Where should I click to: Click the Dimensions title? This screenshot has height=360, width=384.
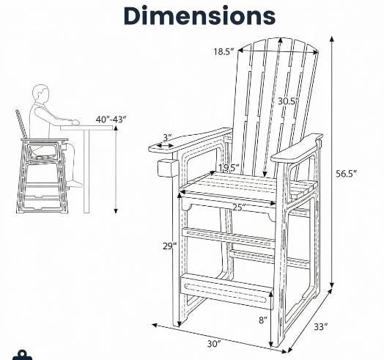click(199, 15)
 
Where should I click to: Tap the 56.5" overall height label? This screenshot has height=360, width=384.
click(346, 174)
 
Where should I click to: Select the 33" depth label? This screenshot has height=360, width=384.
click(321, 327)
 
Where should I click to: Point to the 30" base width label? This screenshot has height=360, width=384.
click(214, 344)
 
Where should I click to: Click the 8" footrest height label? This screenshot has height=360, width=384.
click(263, 320)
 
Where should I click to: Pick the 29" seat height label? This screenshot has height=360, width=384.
click(169, 246)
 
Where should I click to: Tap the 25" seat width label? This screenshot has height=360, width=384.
click(239, 207)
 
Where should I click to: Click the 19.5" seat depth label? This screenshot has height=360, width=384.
click(229, 168)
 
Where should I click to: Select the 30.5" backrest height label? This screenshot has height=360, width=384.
click(288, 101)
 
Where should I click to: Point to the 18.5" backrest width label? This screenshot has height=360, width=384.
click(224, 52)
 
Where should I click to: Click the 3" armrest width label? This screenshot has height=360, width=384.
click(168, 138)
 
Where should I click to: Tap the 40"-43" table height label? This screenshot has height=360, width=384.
click(111, 120)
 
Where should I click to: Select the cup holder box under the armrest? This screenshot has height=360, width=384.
click(168, 168)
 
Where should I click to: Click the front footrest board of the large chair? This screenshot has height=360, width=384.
click(226, 291)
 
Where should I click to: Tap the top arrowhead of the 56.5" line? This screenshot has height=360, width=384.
click(332, 39)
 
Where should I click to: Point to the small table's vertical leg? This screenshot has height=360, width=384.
click(86, 172)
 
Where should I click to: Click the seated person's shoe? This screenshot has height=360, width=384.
click(75, 184)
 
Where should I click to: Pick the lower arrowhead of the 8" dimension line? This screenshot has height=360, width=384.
click(271, 344)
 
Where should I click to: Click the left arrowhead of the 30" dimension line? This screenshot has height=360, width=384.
click(155, 326)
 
